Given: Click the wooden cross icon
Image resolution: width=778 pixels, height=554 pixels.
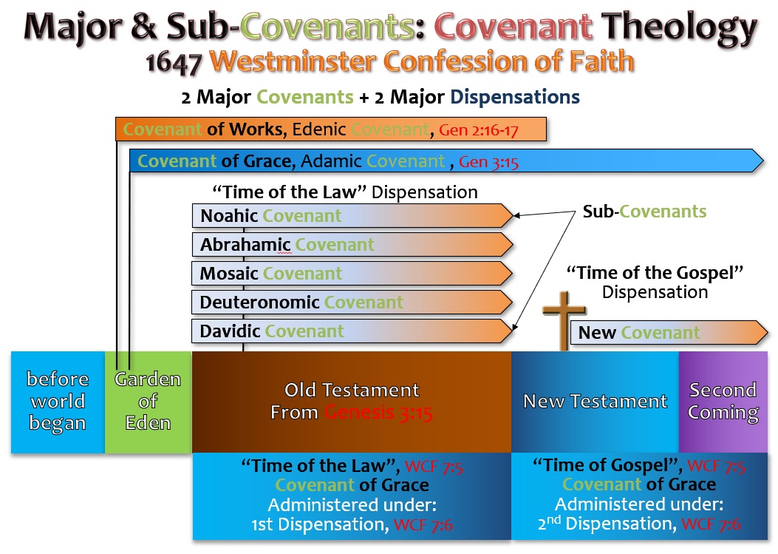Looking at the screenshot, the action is click(564, 320).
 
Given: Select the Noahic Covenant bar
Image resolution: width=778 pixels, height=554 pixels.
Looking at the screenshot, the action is click(352, 216).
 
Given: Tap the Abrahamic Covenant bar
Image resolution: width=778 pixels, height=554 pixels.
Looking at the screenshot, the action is click(352, 245).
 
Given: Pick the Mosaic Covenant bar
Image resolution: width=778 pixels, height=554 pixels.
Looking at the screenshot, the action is click(352, 273).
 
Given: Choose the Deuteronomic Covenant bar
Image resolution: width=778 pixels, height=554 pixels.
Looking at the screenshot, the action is click(352, 302).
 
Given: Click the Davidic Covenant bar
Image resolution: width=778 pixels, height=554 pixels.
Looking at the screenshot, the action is click(352, 331).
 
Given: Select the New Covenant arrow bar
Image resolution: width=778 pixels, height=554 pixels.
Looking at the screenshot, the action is click(669, 332).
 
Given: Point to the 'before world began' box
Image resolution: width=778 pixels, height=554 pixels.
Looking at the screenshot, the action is click(58, 402).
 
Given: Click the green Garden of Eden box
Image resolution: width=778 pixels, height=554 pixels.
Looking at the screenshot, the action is click(148, 402).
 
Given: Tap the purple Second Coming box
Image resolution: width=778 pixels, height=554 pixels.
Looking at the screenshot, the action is click(723, 402).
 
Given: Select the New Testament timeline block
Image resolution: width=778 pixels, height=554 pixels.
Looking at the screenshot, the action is click(595, 402).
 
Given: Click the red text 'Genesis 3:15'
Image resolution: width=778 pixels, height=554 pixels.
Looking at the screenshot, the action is click(378, 413).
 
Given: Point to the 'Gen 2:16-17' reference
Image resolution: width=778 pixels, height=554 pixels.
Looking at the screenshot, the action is click(478, 130).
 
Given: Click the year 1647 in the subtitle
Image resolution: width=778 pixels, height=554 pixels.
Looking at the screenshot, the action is click(174, 64).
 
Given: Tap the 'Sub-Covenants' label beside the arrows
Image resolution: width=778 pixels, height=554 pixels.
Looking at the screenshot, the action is click(644, 212).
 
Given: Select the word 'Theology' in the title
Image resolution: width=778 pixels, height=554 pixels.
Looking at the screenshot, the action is click(679, 28).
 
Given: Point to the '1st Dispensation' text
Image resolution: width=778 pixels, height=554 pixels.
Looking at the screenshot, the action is click(319, 524).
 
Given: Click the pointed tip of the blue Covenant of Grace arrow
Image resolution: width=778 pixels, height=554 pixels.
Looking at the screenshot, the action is click(762, 161).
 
